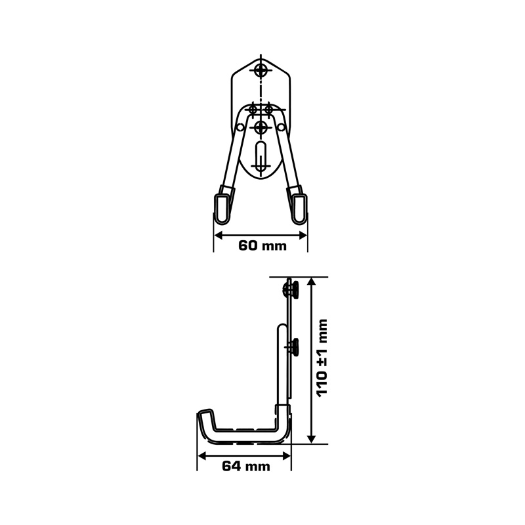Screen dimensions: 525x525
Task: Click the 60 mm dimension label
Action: [x=262, y=245]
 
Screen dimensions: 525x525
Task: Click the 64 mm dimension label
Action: [x=245, y=466]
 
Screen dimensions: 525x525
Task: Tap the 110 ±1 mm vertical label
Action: [x=322, y=358]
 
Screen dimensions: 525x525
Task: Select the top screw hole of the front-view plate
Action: [x=261, y=70]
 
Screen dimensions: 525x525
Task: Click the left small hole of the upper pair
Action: [x=253, y=109]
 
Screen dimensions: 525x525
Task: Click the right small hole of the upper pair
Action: [x=268, y=109]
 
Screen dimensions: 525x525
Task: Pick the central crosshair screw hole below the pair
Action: [x=261, y=127]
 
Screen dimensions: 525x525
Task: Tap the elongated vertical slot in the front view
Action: [x=261, y=158]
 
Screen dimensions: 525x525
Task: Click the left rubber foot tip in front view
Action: [x=222, y=209]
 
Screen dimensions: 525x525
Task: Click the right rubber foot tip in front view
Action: [x=299, y=209]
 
